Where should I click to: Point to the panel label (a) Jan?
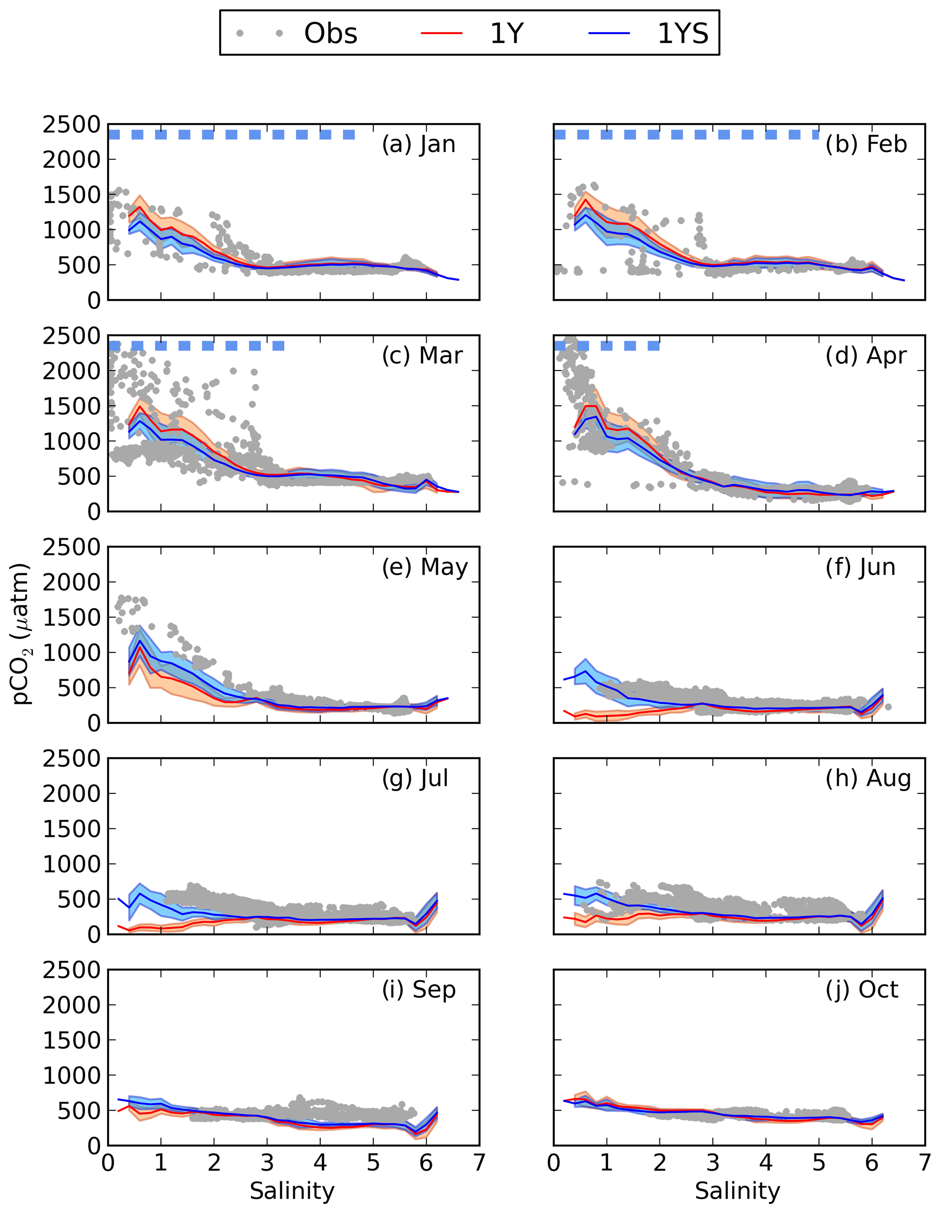coord(418,145)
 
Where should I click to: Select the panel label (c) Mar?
coord(422,356)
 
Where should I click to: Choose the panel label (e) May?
coord(424,567)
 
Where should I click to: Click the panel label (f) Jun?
coord(860,567)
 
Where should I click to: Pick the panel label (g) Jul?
coord(414,779)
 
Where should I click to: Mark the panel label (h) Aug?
coord(868,779)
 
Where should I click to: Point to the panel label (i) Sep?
coord(418,990)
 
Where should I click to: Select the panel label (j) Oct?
coord(862,990)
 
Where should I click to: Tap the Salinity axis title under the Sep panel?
coord(292,1191)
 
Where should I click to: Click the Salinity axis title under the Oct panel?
coord(737,1191)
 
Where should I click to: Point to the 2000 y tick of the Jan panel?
coord(72,160)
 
